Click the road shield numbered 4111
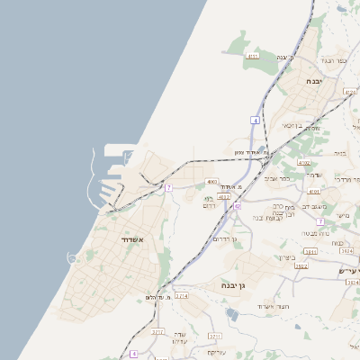tap(253, 55)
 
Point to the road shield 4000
tap(212, 182)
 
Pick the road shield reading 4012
tap(224, 196)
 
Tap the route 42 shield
tap(238, 207)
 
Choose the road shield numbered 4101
tap(313, 192)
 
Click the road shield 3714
tap(182, 295)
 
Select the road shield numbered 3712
tap(158, 332)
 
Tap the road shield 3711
tap(214, 336)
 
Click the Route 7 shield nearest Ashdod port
tap(167, 187)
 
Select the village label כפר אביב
tap(277, 177)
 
